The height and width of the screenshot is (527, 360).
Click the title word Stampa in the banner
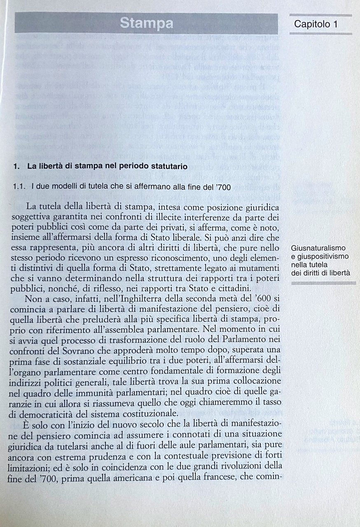(x=146, y=23)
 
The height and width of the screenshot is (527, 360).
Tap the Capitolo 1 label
(x=316, y=24)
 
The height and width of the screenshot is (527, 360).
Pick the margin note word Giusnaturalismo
(x=318, y=248)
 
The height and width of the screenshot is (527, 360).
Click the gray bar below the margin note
(x=323, y=283)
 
